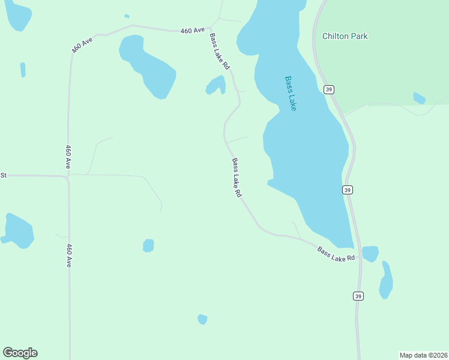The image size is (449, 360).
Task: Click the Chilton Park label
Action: (x=345, y=36)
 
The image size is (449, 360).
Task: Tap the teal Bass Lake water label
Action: (x=291, y=93)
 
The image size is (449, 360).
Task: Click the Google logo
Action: (x=20, y=353)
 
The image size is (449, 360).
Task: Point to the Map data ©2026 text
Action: (x=423, y=355)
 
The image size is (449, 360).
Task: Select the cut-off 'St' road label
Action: (x=3, y=175)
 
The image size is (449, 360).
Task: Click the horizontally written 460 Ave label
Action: (x=193, y=29)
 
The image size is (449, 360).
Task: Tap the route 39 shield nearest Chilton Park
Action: (x=328, y=89)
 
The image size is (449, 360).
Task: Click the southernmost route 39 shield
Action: (x=358, y=296)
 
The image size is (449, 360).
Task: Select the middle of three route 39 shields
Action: (x=348, y=190)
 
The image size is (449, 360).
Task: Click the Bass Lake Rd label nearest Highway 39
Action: (x=336, y=254)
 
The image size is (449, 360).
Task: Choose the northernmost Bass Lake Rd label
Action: (x=219, y=51)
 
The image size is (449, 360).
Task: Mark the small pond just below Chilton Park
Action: (x=419, y=98)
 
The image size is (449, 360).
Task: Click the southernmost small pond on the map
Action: (x=202, y=319)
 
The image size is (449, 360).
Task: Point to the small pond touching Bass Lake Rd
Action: (x=215, y=85)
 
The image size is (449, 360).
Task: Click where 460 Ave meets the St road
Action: (x=68, y=176)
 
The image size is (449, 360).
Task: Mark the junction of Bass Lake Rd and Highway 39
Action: (x=360, y=248)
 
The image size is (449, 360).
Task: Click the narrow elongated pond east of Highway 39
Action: (x=387, y=281)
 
